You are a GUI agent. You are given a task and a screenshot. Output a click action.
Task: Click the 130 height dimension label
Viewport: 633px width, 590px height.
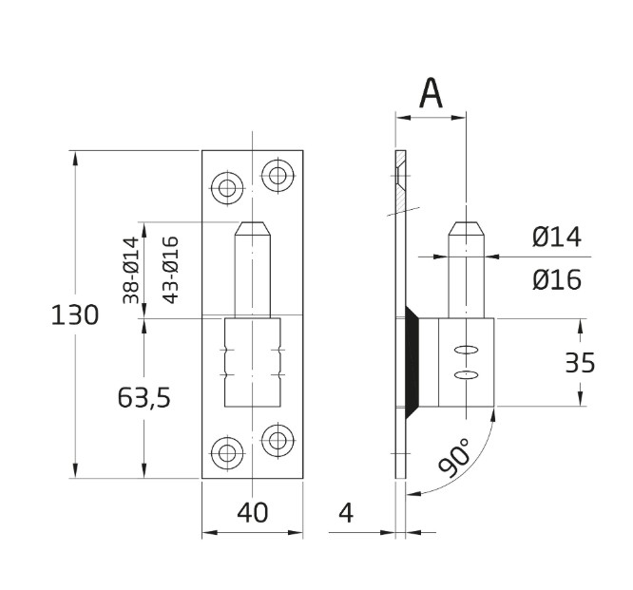click(x=74, y=314)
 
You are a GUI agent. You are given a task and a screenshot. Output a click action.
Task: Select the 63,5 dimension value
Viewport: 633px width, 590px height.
click(x=144, y=398)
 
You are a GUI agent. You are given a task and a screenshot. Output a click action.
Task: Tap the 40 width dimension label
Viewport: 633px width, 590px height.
click(x=252, y=513)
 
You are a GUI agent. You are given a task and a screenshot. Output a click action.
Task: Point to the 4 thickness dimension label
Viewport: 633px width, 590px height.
click(x=345, y=513)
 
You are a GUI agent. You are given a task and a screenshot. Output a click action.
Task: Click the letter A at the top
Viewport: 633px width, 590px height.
click(x=432, y=93)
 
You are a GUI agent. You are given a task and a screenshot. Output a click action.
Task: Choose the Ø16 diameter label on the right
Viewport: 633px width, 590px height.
click(x=557, y=280)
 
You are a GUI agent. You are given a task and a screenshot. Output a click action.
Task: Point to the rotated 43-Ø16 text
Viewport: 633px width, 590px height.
click(x=171, y=269)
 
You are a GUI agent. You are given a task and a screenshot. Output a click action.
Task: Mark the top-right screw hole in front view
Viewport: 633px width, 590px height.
click(x=278, y=175)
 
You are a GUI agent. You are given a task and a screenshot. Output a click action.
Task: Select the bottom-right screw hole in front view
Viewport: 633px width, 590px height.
click(x=278, y=439)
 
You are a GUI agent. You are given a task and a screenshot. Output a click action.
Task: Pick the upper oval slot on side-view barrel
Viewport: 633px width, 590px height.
click(x=465, y=348)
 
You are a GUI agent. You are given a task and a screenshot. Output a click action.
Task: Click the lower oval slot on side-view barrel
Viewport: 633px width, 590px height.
click(x=465, y=376)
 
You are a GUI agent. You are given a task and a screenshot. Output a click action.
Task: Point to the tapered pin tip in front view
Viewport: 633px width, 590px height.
click(x=253, y=231)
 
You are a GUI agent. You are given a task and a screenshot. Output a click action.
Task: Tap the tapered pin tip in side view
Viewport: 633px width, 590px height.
click(x=465, y=231)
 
